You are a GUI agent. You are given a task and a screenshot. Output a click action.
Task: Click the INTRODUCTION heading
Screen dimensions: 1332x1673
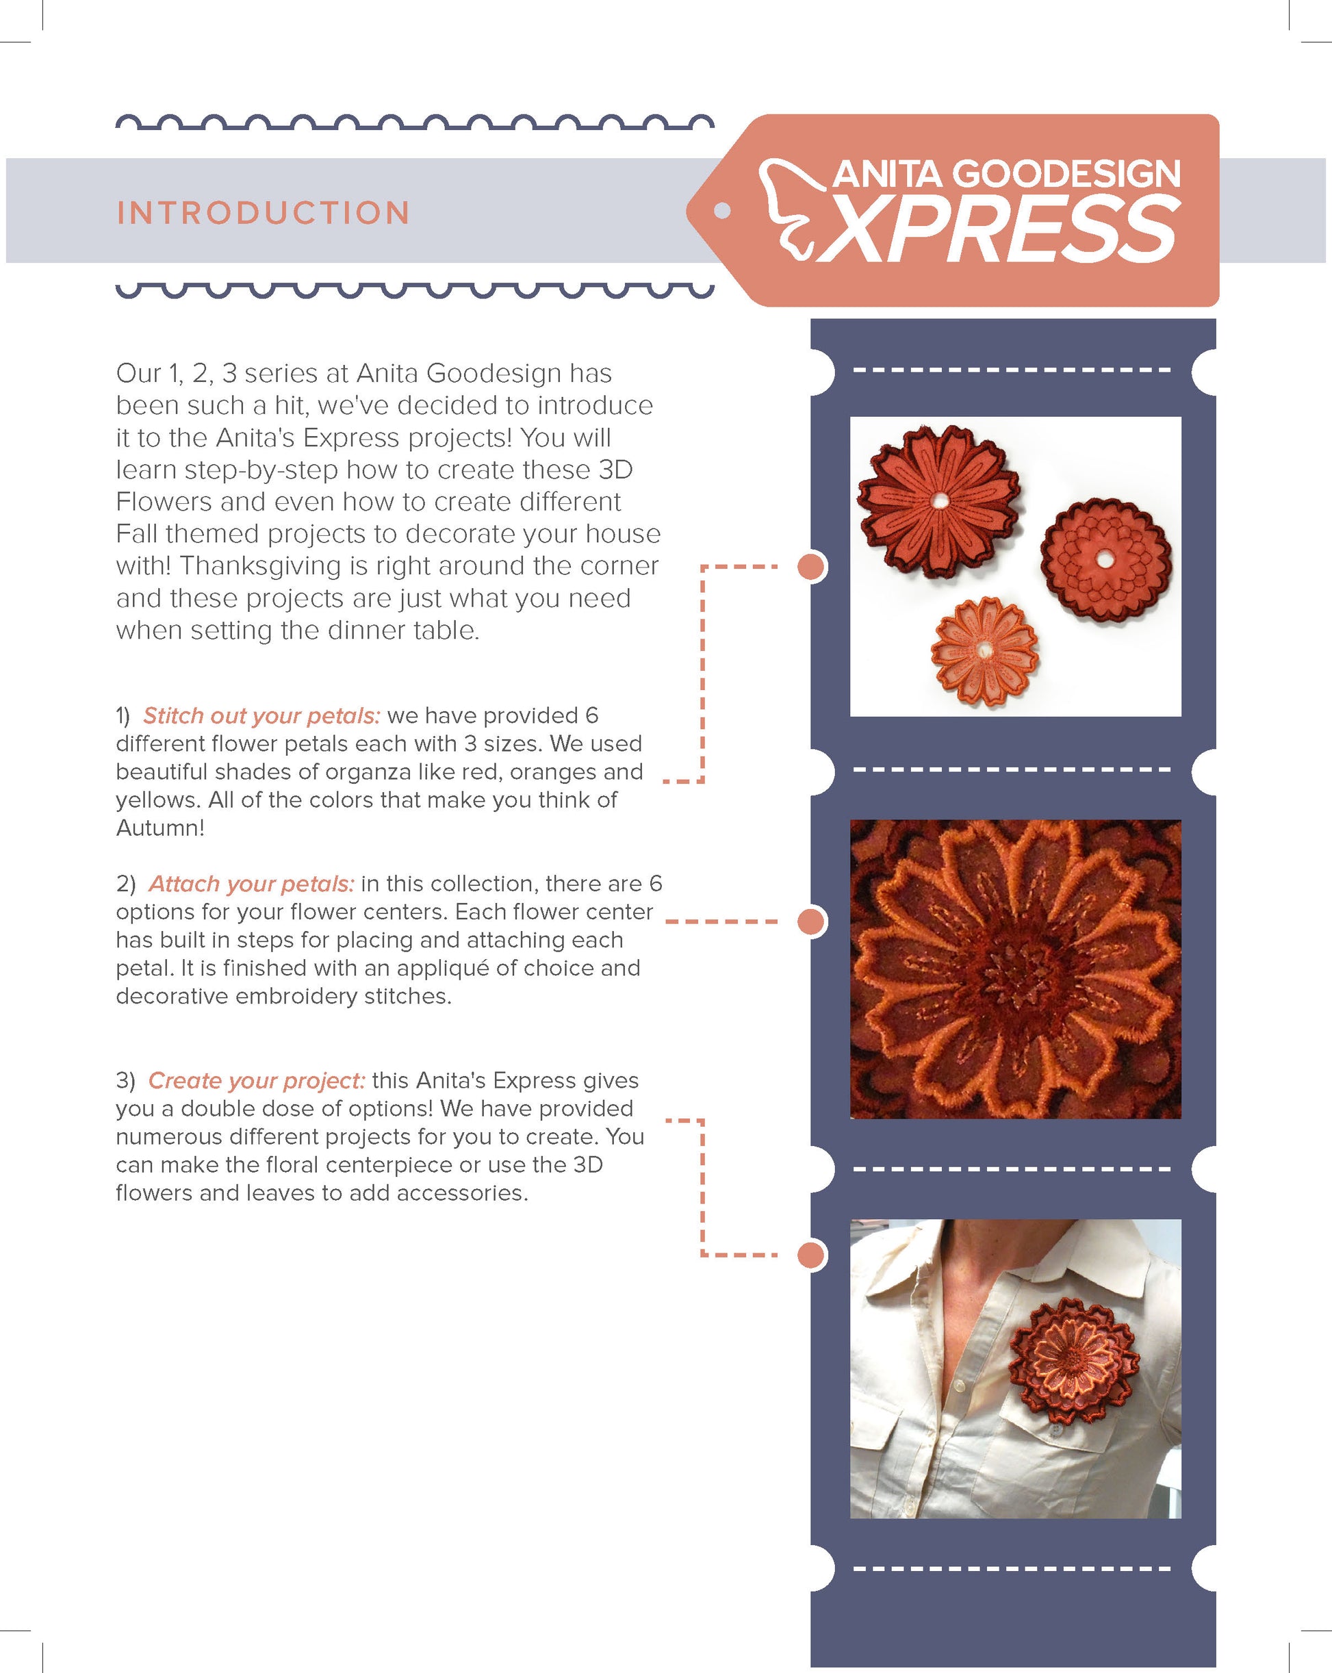(263, 213)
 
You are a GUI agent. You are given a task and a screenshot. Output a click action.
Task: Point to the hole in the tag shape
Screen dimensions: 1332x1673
(721, 210)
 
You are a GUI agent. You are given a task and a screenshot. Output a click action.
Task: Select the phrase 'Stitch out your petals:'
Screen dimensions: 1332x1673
(261, 715)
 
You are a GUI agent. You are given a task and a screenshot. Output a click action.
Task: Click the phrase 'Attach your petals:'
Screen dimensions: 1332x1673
(251, 884)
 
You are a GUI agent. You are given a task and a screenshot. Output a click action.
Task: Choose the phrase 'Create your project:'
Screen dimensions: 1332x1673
(257, 1080)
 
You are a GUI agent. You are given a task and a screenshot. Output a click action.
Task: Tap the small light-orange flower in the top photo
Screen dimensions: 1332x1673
(984, 650)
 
